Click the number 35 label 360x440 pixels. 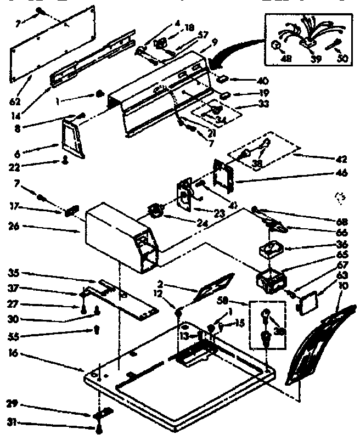coord(15,273)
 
